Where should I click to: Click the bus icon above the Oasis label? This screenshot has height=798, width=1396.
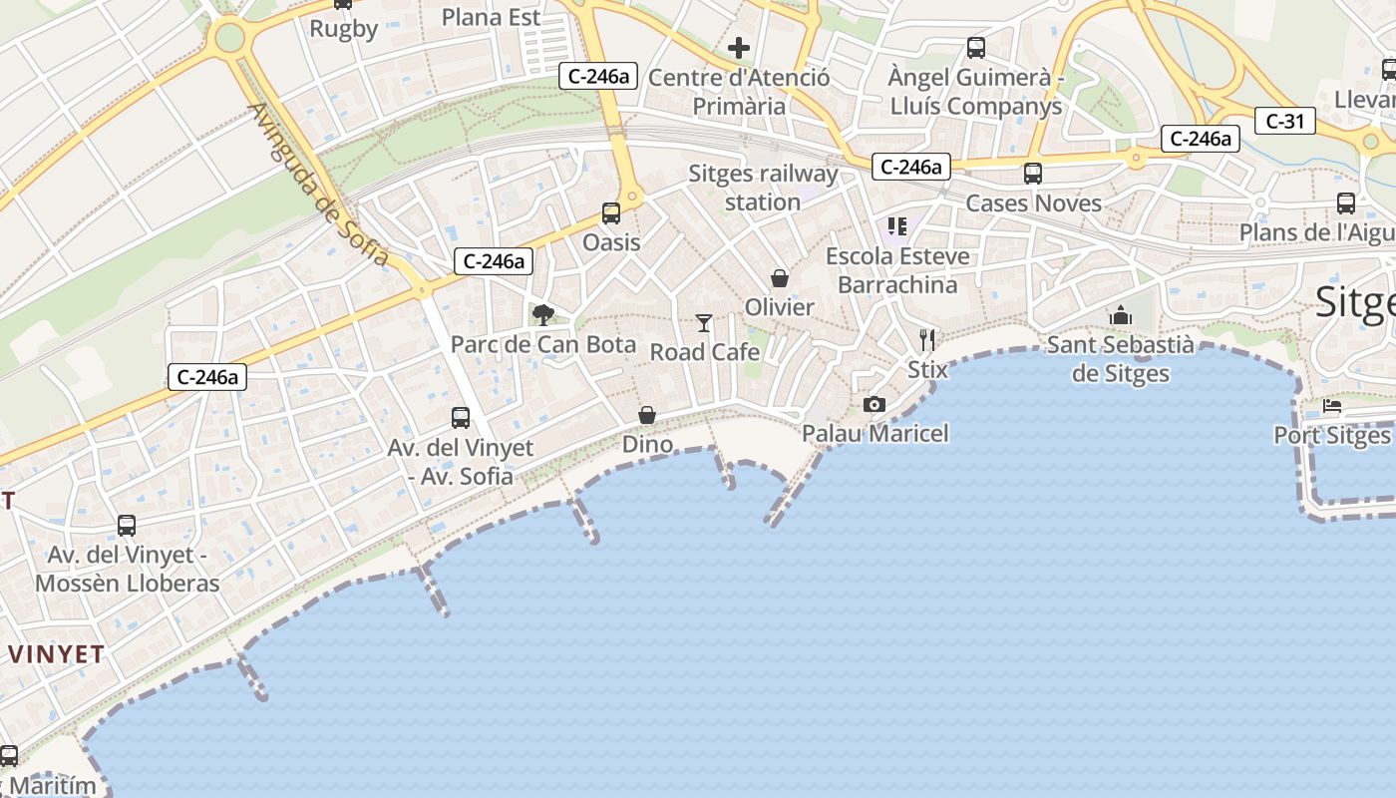pyautogui.click(x=610, y=212)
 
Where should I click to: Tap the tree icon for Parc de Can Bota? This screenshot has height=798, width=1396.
pyautogui.click(x=543, y=315)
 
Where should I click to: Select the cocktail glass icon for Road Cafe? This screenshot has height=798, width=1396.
pyautogui.click(x=704, y=322)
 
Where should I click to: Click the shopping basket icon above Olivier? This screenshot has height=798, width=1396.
pyautogui.click(x=780, y=278)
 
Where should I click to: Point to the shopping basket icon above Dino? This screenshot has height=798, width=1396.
pyautogui.click(x=647, y=414)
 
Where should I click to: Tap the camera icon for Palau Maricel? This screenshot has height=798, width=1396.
pyautogui.click(x=874, y=404)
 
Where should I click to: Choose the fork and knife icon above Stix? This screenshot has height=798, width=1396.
pyautogui.click(x=927, y=340)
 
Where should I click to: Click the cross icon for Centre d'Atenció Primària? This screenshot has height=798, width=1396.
pyautogui.click(x=739, y=47)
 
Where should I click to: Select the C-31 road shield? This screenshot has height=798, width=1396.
pyautogui.click(x=1285, y=122)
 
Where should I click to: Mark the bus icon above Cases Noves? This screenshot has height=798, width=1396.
pyautogui.click(x=1033, y=174)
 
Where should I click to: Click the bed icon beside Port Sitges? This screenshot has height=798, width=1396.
pyautogui.click(x=1332, y=407)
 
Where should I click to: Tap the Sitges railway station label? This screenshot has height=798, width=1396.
pyautogui.click(x=763, y=188)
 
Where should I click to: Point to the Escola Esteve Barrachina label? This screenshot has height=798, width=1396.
pyautogui.click(x=897, y=270)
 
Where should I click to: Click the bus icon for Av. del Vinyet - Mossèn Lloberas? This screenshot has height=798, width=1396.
pyautogui.click(x=127, y=526)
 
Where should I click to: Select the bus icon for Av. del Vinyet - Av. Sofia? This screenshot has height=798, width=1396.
pyautogui.click(x=461, y=418)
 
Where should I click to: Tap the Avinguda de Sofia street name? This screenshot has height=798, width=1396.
pyautogui.click(x=318, y=185)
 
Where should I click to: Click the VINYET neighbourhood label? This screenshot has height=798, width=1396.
pyautogui.click(x=57, y=654)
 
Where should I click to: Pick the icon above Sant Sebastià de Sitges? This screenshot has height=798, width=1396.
pyautogui.click(x=1121, y=315)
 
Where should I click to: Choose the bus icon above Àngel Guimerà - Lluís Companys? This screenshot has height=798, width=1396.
pyautogui.click(x=976, y=47)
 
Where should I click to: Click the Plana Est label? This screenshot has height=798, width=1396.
pyautogui.click(x=491, y=17)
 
